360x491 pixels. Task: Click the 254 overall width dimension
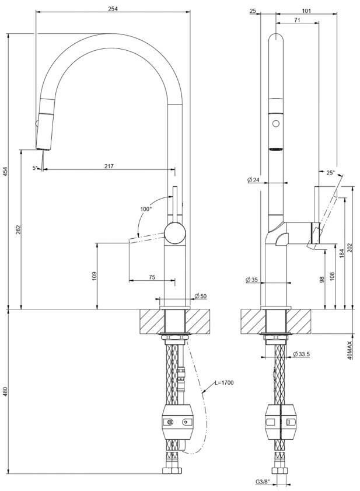113,9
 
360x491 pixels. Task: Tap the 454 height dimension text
6,172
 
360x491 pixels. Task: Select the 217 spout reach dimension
109,166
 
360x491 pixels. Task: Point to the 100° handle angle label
146,209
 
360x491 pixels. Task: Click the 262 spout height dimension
18,230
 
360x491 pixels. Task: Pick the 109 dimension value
95,276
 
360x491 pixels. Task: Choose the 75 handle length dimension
152,277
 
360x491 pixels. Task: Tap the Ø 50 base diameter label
200,296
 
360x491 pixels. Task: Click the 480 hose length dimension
6,391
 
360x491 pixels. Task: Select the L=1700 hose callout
224,382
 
